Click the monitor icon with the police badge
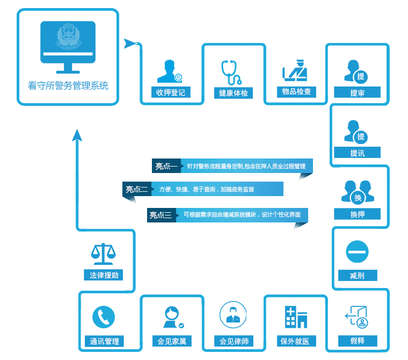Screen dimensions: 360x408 68,47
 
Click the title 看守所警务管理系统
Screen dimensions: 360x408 68,85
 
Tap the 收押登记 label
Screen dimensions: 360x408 171,92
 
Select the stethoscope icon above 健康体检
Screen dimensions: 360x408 232,73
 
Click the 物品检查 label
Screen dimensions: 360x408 296,91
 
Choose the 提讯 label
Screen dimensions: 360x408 357,153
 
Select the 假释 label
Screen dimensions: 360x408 357,341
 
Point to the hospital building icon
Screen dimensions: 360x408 295,317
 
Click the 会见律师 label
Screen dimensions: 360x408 234,341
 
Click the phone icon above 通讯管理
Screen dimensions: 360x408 104,317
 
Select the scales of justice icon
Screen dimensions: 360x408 104,253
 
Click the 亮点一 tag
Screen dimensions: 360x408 166,166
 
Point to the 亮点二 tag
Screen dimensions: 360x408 136,189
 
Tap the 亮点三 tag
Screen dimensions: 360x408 161,215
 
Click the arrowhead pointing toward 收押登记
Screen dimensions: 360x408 130,44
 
